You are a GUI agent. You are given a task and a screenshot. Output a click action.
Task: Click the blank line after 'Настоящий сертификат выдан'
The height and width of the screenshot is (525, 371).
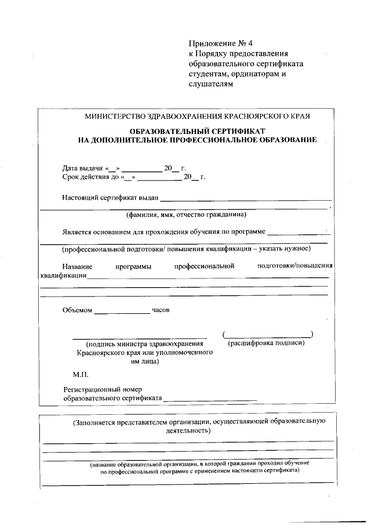[246, 200]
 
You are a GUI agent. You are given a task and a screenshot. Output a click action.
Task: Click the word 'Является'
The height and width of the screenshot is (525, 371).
[77, 231]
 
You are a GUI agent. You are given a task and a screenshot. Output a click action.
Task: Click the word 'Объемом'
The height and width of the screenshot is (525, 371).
[77, 310]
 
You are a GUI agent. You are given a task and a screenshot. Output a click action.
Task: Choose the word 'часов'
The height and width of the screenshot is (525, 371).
[161, 310]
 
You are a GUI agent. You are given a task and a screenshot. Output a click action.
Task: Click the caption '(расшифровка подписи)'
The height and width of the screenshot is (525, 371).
[266, 343]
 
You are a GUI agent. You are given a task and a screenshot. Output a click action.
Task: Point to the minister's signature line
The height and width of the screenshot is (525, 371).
[139, 336]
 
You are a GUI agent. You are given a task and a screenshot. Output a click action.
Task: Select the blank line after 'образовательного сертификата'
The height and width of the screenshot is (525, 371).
[210, 400]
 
